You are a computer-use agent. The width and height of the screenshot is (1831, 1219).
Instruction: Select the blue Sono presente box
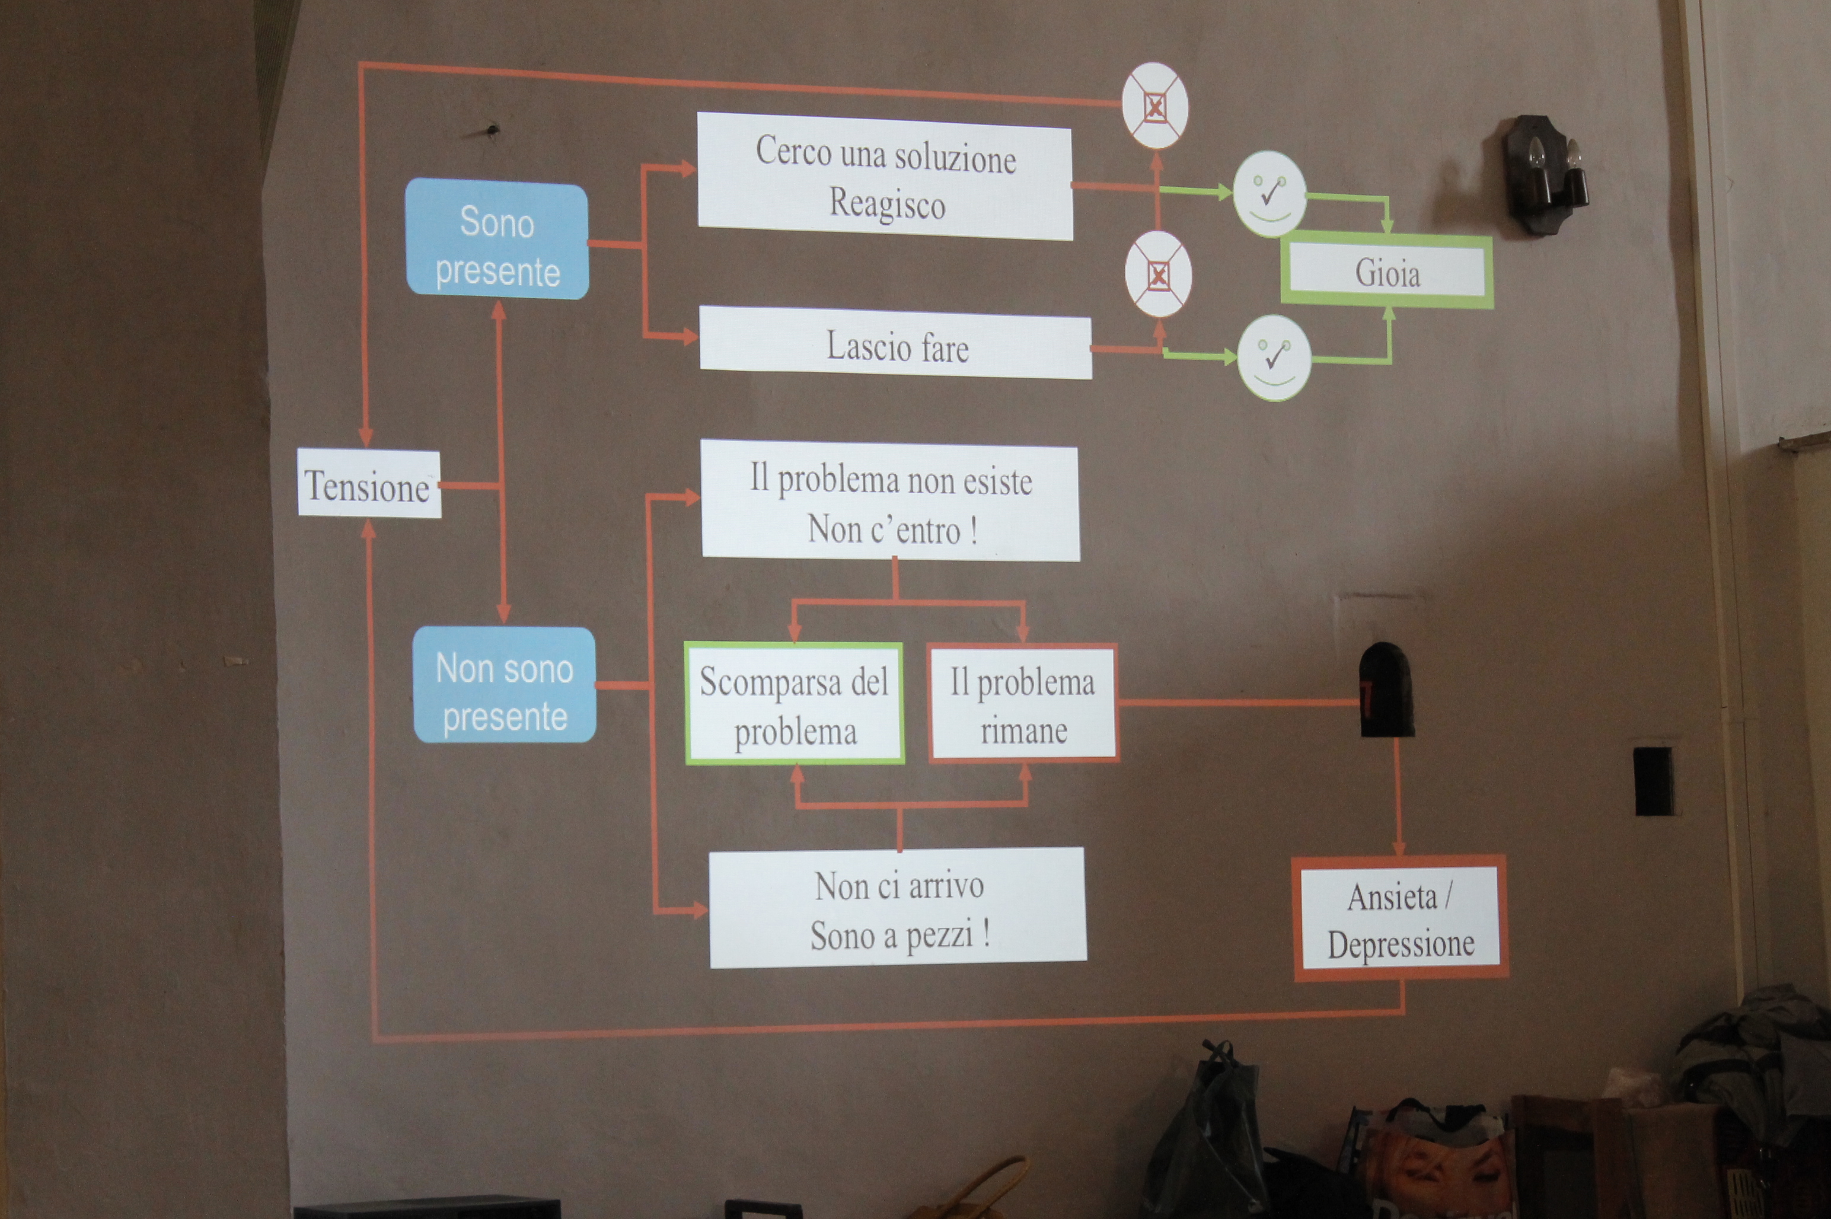pos(497,240)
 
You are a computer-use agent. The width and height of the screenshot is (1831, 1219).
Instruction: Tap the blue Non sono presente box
pos(505,685)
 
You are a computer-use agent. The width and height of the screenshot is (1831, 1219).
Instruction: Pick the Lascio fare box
pos(896,344)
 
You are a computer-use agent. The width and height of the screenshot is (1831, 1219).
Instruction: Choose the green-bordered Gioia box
pos(1387,272)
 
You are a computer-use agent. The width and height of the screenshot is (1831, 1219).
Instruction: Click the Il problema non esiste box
pos(890,502)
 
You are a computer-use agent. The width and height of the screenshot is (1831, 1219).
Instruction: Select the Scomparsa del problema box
pos(794,704)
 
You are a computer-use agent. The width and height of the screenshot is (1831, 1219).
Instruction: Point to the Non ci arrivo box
pos(898,908)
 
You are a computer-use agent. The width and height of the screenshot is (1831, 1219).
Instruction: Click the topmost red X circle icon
pos(1154,106)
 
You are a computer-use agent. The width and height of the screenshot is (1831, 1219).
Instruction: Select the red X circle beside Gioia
pos(1157,274)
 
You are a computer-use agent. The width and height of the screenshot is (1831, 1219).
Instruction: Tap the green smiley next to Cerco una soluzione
pos(1269,193)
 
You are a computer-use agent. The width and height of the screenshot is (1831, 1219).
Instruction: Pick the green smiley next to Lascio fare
pos(1274,358)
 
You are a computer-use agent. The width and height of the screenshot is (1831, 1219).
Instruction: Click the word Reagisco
pos(887,204)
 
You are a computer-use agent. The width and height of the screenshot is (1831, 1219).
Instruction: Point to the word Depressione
pos(1401,944)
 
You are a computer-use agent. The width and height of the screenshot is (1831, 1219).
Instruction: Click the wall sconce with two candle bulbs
pos(1545,173)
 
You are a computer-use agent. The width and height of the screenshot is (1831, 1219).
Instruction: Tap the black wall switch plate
pos(1654,780)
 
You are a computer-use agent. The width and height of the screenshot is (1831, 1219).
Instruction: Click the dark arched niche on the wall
pos(1386,690)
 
